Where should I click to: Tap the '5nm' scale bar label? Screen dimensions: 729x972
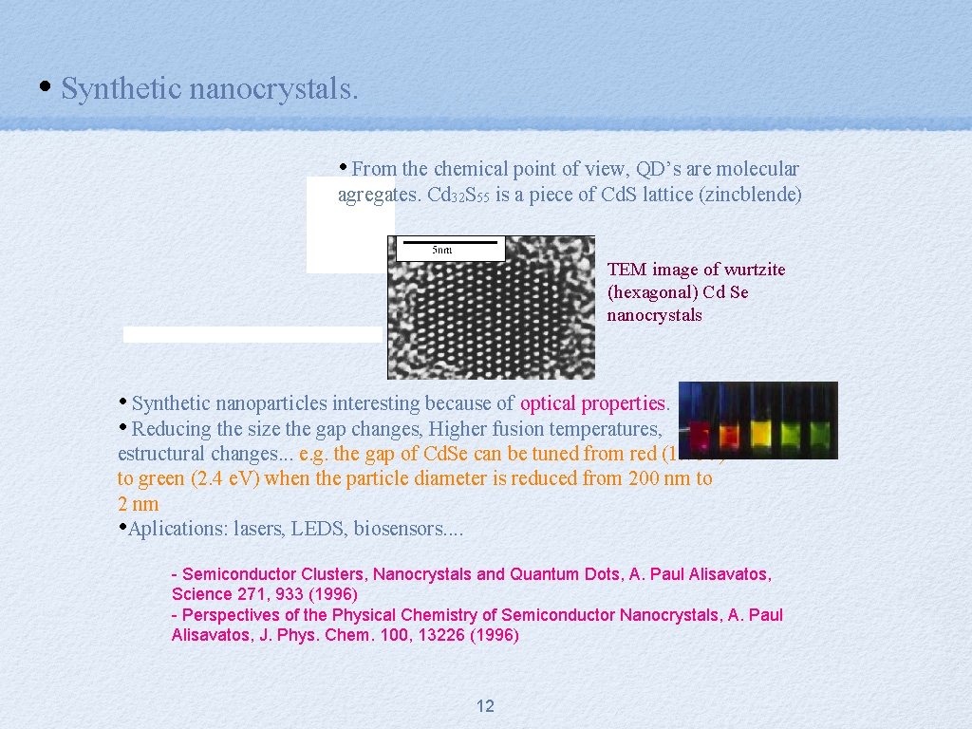(442, 251)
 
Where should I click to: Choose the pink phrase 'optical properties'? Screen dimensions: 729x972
(593, 403)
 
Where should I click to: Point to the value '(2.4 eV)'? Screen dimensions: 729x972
(226, 478)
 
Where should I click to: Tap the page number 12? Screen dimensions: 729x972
(485, 706)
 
